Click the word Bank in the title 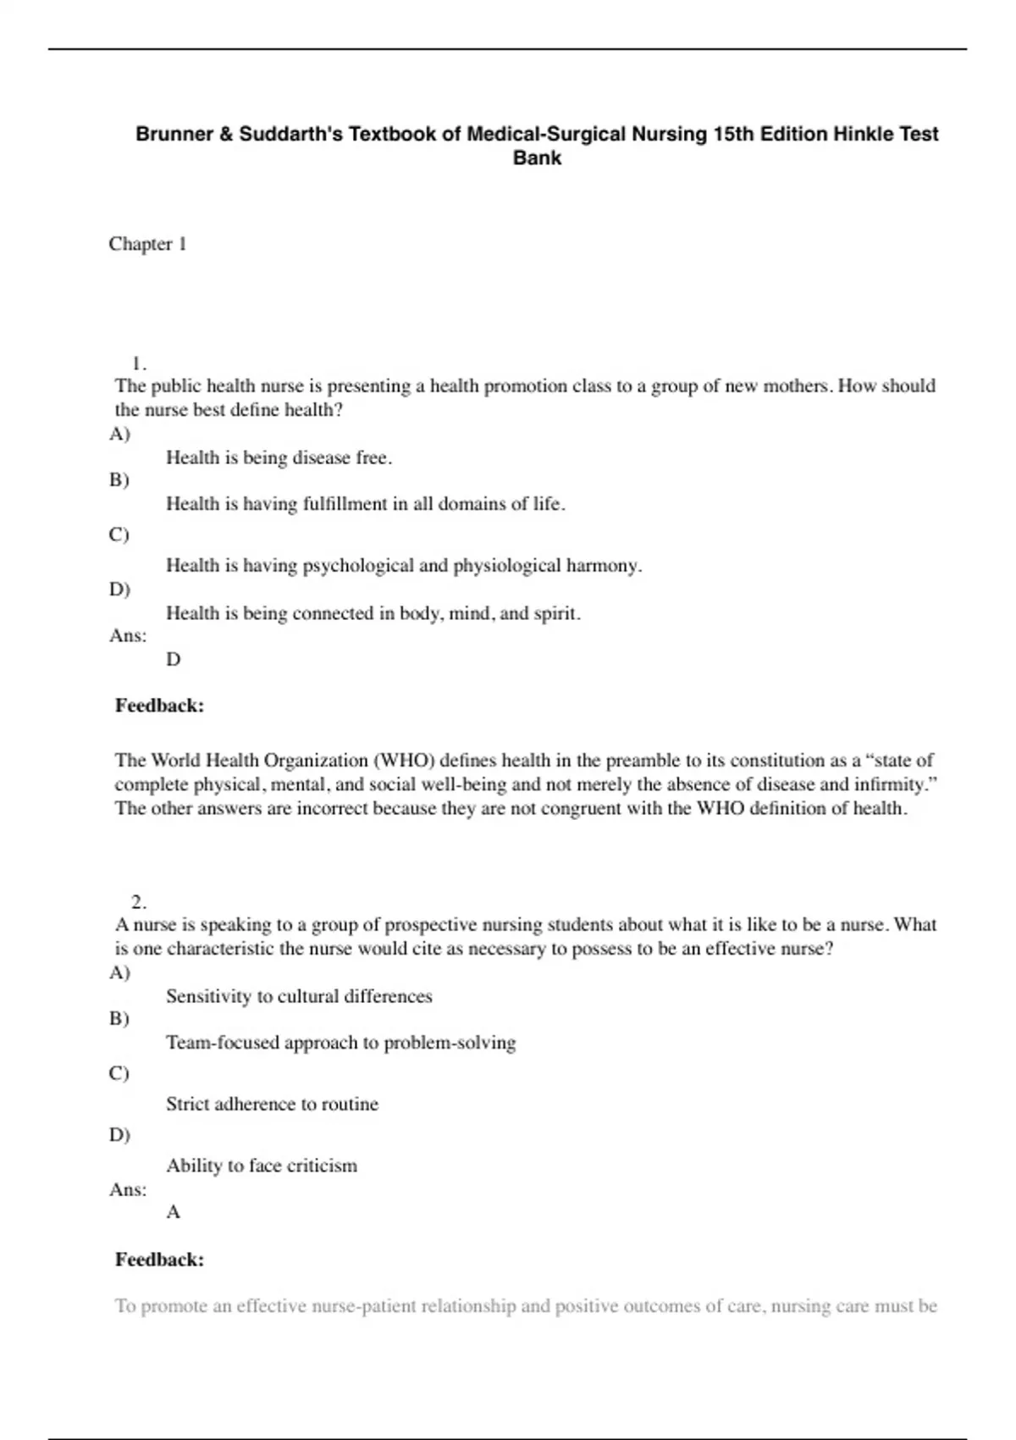click(x=537, y=158)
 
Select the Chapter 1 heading click(x=147, y=244)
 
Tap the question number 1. click(x=139, y=364)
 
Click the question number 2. click(x=139, y=901)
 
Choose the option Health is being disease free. click(x=279, y=458)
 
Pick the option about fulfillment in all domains click(x=365, y=504)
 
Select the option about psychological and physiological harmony click(x=404, y=566)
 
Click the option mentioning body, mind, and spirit click(x=373, y=613)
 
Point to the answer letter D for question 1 click(x=174, y=659)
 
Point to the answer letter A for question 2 click(x=174, y=1212)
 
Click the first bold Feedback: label click(x=159, y=706)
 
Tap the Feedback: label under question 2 click(x=159, y=1260)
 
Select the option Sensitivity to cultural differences click(x=299, y=996)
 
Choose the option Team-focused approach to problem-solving click(x=340, y=1043)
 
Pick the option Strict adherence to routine click(x=272, y=1105)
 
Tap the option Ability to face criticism click(x=262, y=1166)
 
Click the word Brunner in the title click(x=174, y=134)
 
